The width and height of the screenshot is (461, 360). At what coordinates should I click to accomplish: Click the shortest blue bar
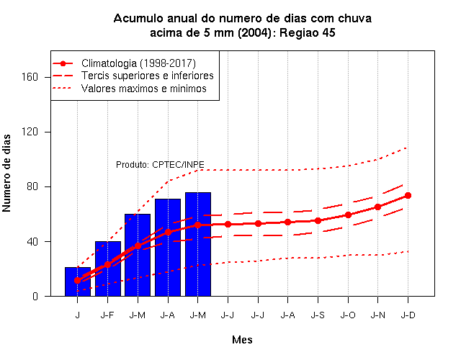coord(78,282)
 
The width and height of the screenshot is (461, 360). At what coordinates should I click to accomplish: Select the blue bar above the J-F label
coord(108,269)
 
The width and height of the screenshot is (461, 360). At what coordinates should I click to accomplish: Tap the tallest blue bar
coord(198,244)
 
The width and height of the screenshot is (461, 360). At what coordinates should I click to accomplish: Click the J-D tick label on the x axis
coord(408,315)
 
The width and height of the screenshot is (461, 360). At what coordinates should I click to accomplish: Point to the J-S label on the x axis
coord(318,315)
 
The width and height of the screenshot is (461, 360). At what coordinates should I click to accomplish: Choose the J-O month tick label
coord(348,315)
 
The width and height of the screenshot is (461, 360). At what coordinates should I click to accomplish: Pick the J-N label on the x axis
coord(377,315)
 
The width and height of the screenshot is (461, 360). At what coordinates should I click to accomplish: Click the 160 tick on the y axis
coord(30,77)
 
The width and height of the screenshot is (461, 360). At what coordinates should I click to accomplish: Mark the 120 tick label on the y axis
coord(30,132)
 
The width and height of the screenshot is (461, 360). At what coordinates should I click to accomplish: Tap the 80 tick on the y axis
coord(32,186)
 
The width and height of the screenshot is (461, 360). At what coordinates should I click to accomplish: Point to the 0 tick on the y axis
coord(35,296)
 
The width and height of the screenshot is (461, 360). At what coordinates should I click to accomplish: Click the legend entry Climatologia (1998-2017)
coord(138,63)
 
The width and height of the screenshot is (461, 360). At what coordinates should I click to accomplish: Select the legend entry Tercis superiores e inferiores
coord(148,76)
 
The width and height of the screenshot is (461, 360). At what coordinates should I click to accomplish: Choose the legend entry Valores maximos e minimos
coord(144,89)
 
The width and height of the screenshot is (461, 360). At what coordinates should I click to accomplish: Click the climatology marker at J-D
coord(408,195)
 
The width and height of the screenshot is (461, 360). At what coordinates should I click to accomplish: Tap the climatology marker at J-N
coord(377,207)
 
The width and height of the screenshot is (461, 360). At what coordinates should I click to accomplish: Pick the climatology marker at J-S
coord(318,220)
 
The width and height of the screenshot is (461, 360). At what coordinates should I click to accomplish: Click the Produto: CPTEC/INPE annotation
coord(160,165)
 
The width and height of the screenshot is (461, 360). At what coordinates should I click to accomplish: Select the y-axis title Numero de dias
coord(6,174)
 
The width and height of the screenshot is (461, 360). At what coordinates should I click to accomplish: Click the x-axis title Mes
coord(242,340)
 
